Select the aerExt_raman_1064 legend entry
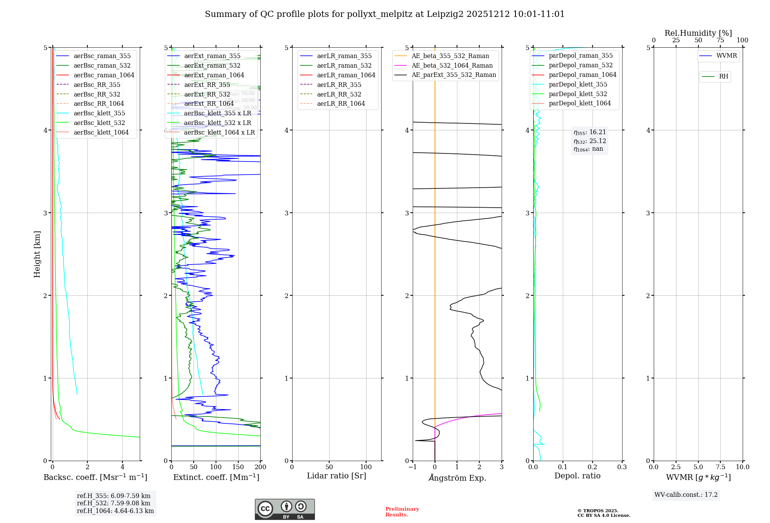click(214, 75)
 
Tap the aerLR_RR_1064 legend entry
click(341, 104)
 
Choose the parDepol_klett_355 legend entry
click(577, 85)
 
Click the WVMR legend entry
click(726, 56)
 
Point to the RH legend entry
click(723, 77)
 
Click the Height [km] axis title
click(37, 254)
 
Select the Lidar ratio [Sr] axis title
click(336, 476)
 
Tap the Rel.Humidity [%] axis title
click(698, 33)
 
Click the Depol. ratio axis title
click(577, 476)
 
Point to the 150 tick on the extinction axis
click(238, 467)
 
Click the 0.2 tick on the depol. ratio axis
click(592, 467)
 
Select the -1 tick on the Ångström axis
click(412, 467)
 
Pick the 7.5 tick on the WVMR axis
click(720, 467)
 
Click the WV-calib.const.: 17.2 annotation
click(686, 495)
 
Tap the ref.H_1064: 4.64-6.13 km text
click(115, 511)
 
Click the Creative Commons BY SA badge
click(285, 509)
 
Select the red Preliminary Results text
click(402, 512)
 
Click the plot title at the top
click(384, 14)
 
